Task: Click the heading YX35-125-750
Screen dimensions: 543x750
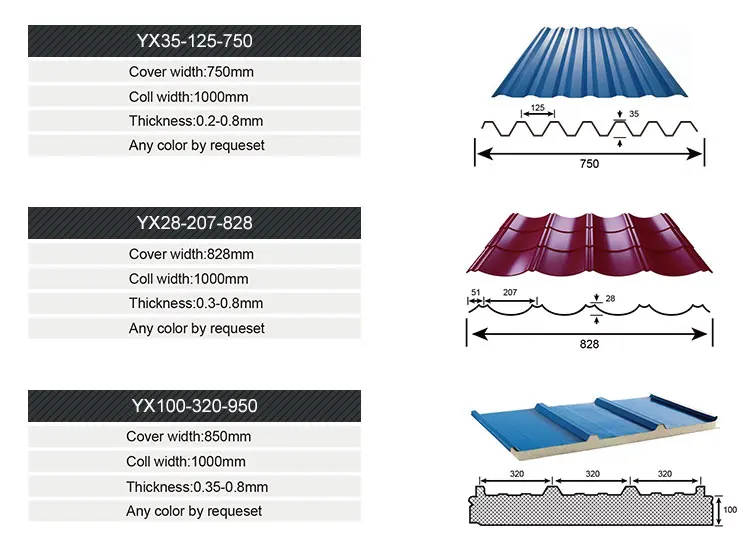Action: click(194, 41)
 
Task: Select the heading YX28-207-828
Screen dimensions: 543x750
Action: click(194, 223)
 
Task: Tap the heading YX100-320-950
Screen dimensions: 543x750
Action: click(194, 405)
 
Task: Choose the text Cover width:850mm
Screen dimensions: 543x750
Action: click(188, 436)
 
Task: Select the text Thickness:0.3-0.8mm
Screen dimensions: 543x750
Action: click(196, 303)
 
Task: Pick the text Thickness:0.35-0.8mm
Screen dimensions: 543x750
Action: click(197, 487)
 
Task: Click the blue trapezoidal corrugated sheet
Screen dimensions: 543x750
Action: click(590, 61)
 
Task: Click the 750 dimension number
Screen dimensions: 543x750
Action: click(589, 163)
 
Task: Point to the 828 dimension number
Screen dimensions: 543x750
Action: click(590, 342)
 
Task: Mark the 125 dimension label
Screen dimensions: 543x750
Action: click(537, 107)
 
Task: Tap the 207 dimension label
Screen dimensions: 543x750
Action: click(510, 293)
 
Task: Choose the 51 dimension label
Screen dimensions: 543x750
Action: click(475, 293)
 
